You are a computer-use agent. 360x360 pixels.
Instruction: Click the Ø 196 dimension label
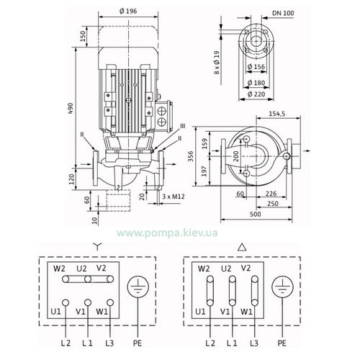(128, 12)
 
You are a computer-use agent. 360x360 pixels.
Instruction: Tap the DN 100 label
(283, 13)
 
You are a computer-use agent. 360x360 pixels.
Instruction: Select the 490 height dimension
(71, 108)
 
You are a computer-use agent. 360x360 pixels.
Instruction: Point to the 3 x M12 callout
(174, 197)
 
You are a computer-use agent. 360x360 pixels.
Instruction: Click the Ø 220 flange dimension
(256, 94)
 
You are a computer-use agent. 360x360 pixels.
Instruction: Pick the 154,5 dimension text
(277, 114)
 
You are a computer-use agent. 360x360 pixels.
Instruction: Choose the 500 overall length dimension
(255, 214)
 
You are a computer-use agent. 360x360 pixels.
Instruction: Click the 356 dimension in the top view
(190, 156)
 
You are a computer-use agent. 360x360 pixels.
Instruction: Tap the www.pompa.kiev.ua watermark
(167, 233)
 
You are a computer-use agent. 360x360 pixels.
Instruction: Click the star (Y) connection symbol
(97, 246)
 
